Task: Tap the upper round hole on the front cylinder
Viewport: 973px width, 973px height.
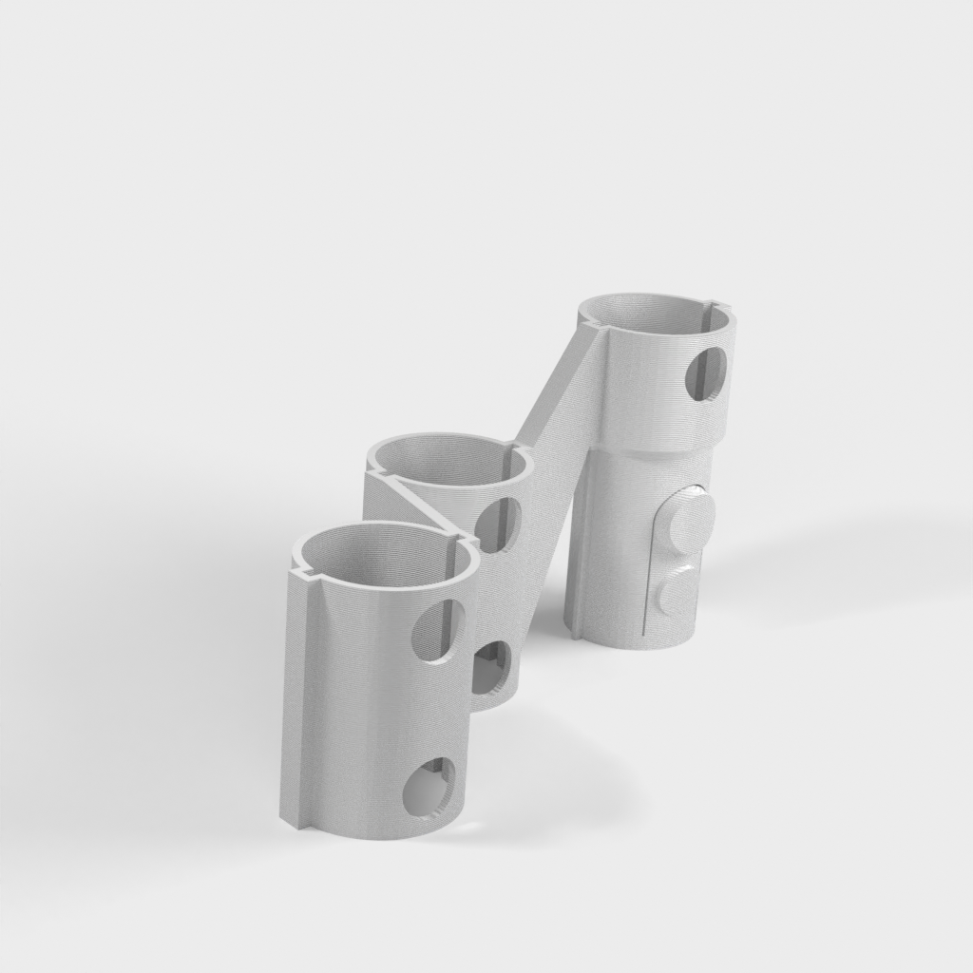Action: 440,629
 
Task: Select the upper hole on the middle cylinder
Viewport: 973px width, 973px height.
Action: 496,524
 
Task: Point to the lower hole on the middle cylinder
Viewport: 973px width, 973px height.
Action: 492,669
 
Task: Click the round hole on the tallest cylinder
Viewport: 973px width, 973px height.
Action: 706,372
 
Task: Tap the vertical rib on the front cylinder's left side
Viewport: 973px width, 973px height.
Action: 298,694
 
